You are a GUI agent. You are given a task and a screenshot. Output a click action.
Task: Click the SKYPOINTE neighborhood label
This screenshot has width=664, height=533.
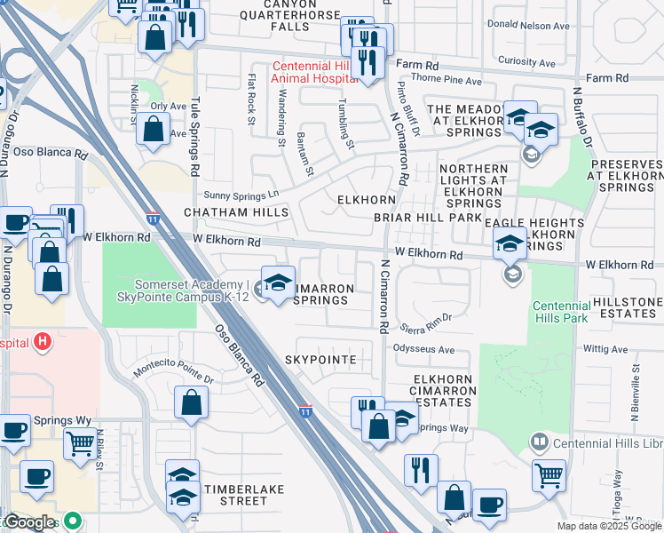click(x=321, y=360)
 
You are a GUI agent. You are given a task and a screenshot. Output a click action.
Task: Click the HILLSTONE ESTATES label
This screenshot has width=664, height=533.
click(x=628, y=308)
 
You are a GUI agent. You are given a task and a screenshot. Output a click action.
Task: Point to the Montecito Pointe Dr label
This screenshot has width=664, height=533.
click(x=174, y=373)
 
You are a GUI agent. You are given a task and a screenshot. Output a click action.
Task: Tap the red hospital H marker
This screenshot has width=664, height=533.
click(x=41, y=341)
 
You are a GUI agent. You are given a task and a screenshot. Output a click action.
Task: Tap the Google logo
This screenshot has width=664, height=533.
click(x=28, y=522)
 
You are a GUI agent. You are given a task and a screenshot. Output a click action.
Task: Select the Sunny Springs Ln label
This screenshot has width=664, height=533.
click(x=241, y=193)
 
